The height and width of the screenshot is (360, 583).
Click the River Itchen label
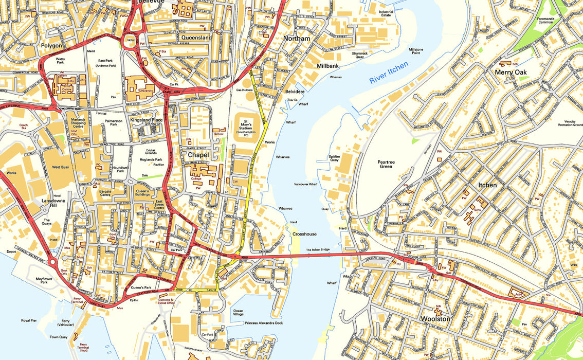(389, 73)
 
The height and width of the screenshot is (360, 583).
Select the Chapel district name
(198, 154)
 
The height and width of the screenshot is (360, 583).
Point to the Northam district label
(297, 39)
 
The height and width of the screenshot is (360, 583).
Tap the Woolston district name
(435, 319)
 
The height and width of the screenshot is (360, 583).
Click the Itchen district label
(487, 185)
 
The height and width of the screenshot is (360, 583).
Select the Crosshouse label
(304, 233)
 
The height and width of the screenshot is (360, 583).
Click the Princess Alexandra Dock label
(264, 323)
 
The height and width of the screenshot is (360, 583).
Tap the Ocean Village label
(238, 313)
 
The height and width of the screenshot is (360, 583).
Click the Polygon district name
(51, 45)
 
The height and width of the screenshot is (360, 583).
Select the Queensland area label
(196, 38)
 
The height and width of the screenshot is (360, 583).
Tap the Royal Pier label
(29, 320)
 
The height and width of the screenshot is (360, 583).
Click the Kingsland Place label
(146, 120)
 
